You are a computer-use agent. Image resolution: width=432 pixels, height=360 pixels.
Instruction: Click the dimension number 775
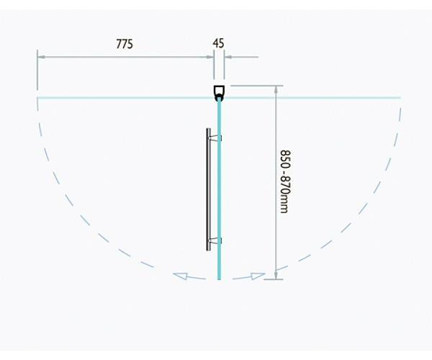coord(125,44)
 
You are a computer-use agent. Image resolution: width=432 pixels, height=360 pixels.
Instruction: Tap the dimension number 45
coord(218,43)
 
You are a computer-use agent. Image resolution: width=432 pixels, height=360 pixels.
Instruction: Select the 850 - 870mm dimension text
coord(285,181)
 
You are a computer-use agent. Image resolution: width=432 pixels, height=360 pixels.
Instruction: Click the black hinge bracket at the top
coord(219,94)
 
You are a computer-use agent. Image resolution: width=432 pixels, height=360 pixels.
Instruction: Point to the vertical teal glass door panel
coord(220,189)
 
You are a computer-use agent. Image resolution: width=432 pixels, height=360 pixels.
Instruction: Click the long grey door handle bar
coord(209,189)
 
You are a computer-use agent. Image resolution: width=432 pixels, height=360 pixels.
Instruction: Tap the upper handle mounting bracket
coord(215,138)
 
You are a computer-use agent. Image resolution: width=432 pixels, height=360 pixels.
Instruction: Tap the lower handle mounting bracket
coord(215,240)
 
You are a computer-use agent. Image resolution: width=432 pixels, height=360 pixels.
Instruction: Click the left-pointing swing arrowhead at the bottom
coord(180,276)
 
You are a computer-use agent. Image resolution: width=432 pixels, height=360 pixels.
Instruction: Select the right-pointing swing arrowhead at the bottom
coord(258,276)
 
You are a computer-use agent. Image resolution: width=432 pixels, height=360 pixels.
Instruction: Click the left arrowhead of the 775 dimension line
coord(41,57)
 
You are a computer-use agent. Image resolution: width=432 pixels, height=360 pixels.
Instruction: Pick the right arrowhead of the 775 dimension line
coord(210,57)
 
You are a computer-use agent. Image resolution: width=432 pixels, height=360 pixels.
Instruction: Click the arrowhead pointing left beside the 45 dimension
coord(228,57)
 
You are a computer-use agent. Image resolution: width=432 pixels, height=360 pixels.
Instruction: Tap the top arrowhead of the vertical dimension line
coord(276,89)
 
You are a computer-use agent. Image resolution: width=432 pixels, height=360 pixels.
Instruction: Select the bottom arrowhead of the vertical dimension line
coord(276,275)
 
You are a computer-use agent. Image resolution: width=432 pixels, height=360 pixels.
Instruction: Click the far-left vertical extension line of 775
coord(37,70)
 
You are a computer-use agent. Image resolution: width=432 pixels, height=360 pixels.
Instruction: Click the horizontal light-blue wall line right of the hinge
coord(311,97)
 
